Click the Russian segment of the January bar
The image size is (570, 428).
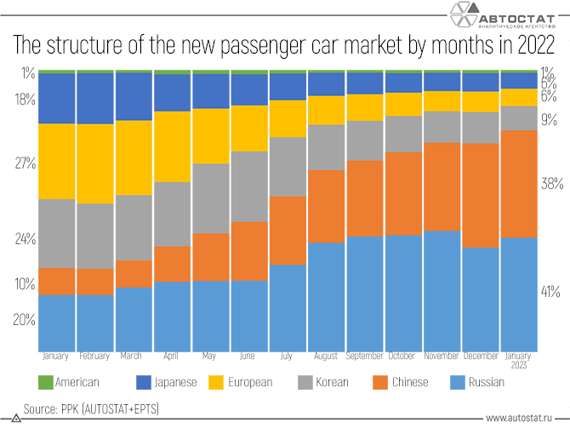pos(57,322)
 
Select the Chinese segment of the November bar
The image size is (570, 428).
pos(442,186)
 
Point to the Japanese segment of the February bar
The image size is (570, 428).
pos(95,99)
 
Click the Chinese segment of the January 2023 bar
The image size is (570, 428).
pos(519,184)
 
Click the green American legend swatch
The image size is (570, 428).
pos(46,382)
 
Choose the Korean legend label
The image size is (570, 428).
pos(331,382)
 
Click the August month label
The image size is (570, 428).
pos(327,356)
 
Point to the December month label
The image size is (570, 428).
pos(481,356)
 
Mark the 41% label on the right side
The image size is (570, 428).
pos(550,292)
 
